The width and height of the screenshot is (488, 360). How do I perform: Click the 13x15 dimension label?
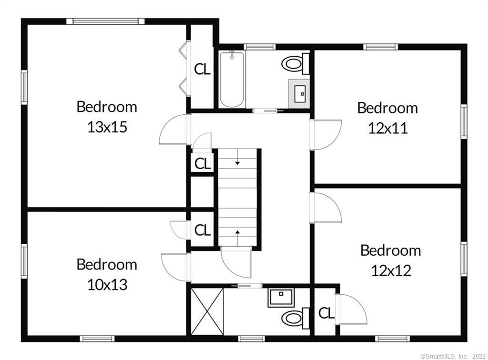coord(107,127)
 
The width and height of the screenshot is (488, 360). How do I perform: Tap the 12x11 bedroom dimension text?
coord(388,128)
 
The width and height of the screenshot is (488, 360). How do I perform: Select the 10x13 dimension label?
coord(107,284)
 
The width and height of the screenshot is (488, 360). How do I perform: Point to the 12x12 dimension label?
coord(391,270)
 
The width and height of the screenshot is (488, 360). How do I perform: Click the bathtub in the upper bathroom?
coord(232,79)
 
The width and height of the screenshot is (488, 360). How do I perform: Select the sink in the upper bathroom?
coord(299,94)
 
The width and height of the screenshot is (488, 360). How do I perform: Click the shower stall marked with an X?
coord(207,311)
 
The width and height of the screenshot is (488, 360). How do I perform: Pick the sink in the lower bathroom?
coord(281,298)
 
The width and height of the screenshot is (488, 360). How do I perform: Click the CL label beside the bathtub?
coord(202,70)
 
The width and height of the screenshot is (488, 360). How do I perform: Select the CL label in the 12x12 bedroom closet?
coord(326,313)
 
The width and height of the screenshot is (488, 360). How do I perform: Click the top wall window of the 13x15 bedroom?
coord(105,21)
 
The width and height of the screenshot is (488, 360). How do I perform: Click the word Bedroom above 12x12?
coord(391,250)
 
